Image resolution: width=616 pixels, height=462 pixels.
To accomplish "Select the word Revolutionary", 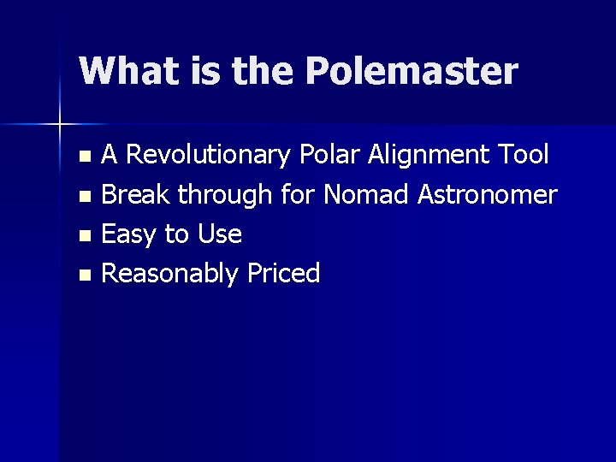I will [210, 156].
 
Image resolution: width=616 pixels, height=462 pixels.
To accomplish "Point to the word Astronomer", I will [487, 195].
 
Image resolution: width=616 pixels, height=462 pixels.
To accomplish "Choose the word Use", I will [221, 234].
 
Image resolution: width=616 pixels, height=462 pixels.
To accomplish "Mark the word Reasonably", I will [169, 274].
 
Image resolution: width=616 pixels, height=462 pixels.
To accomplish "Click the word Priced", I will [283, 274].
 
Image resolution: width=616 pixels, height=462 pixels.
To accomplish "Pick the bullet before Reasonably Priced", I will [83, 275].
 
